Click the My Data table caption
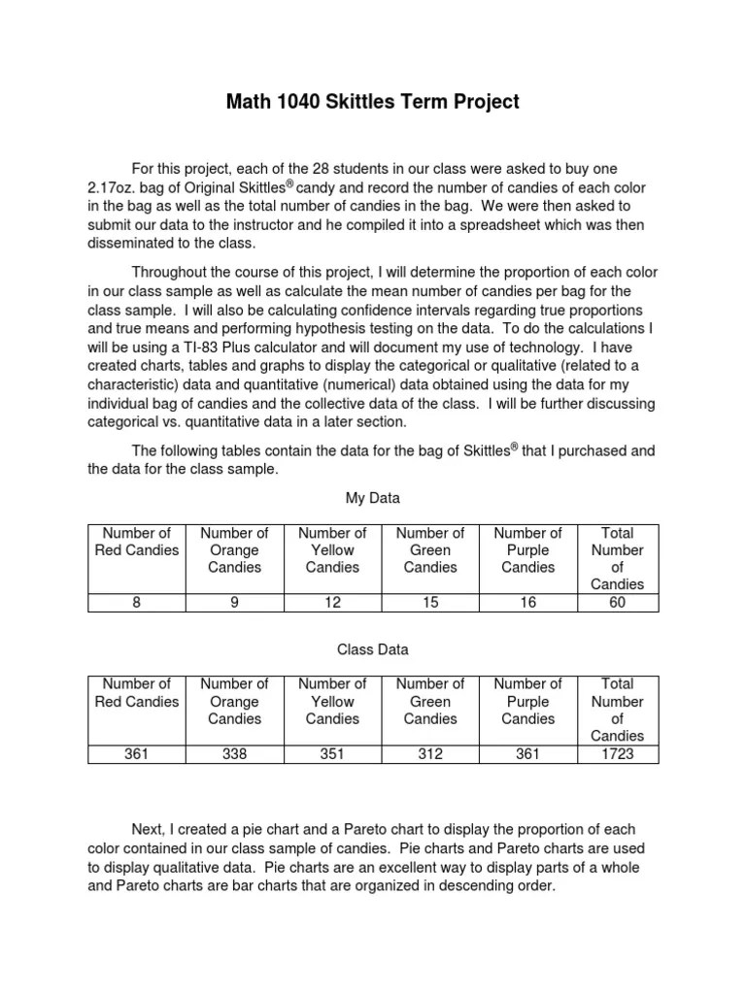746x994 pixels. click(x=373, y=498)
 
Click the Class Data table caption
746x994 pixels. click(x=373, y=648)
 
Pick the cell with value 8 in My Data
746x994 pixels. click(x=137, y=603)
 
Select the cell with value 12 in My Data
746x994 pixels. click(x=332, y=603)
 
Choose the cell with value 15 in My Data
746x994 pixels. click(x=430, y=603)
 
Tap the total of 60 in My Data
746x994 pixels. click(x=618, y=603)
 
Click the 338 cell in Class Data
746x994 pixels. click(x=234, y=754)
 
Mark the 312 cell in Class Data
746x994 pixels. click(x=430, y=754)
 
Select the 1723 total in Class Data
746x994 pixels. click(x=618, y=754)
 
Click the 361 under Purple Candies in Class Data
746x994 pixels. click(x=527, y=754)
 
